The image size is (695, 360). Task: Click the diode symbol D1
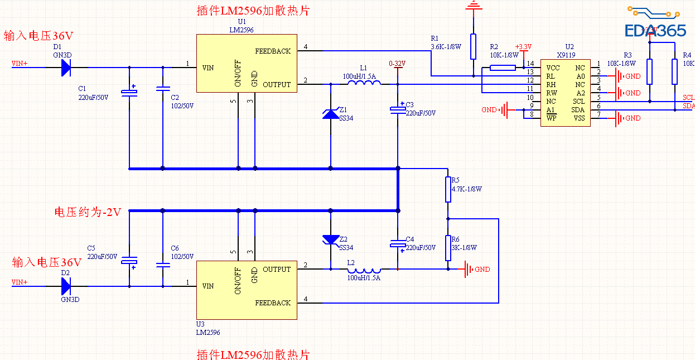(x=66, y=68)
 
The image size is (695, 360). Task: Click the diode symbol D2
(x=66, y=286)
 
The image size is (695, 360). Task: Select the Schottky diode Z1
(x=331, y=114)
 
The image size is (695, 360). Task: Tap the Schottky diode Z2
(x=331, y=239)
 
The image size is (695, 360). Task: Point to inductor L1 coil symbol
(x=364, y=84)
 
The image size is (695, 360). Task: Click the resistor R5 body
(x=448, y=189)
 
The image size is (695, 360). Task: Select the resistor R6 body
(x=448, y=248)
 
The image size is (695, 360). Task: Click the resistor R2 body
(x=503, y=68)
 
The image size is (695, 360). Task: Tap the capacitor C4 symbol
(x=398, y=244)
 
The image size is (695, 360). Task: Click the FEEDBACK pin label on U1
(x=273, y=51)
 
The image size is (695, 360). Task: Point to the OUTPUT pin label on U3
(x=277, y=270)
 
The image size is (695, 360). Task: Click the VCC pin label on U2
(x=553, y=68)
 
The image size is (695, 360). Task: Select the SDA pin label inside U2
(x=578, y=110)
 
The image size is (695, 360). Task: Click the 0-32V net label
(x=397, y=64)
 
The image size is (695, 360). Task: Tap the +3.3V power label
(x=523, y=47)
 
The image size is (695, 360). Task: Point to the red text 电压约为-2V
(x=88, y=212)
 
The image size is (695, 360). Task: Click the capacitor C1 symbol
(x=129, y=93)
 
